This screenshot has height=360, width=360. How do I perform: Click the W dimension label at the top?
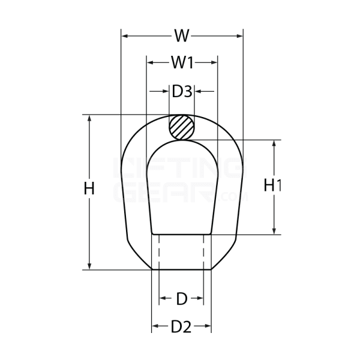182,36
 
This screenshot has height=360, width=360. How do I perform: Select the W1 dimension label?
182,62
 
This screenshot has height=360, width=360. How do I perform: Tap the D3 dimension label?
182,92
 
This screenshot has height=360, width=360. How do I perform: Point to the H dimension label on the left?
89,188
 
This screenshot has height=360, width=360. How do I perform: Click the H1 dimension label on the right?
273,186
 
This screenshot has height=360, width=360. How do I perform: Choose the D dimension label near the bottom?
181,298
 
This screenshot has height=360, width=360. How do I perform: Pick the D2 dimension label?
181,327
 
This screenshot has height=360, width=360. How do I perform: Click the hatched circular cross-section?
181,127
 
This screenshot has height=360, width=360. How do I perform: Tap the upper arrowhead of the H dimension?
90,119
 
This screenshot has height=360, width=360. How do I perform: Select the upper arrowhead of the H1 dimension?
274,145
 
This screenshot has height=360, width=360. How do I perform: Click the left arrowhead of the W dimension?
125,36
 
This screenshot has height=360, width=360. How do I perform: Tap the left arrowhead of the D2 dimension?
155,327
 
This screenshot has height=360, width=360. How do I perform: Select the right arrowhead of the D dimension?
200,298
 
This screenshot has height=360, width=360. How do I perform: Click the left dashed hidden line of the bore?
159,252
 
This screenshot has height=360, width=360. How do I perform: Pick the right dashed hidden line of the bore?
204,252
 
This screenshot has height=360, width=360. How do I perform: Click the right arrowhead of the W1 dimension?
213,62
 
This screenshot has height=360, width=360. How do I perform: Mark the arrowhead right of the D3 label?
200,92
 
